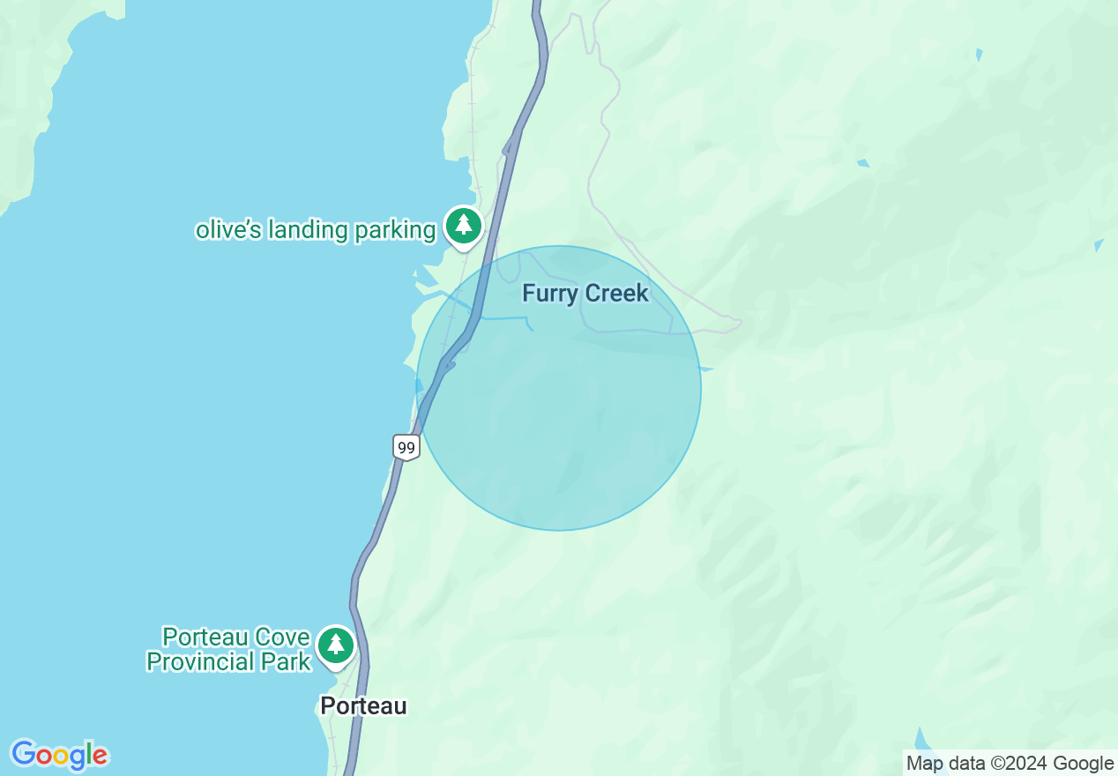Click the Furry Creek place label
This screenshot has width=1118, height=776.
(x=585, y=294)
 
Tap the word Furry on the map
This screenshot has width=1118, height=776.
(x=548, y=294)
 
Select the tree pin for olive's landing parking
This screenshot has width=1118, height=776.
(x=463, y=225)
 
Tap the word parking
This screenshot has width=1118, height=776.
(x=395, y=230)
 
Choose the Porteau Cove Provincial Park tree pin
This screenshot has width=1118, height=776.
(x=335, y=645)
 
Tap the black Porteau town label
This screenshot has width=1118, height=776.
(x=363, y=705)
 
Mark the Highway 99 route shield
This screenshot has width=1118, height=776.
(x=406, y=447)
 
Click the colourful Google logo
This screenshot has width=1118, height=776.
(x=59, y=755)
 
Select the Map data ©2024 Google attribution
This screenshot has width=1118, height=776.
(x=1010, y=764)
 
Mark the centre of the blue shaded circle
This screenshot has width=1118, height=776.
(x=559, y=388)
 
